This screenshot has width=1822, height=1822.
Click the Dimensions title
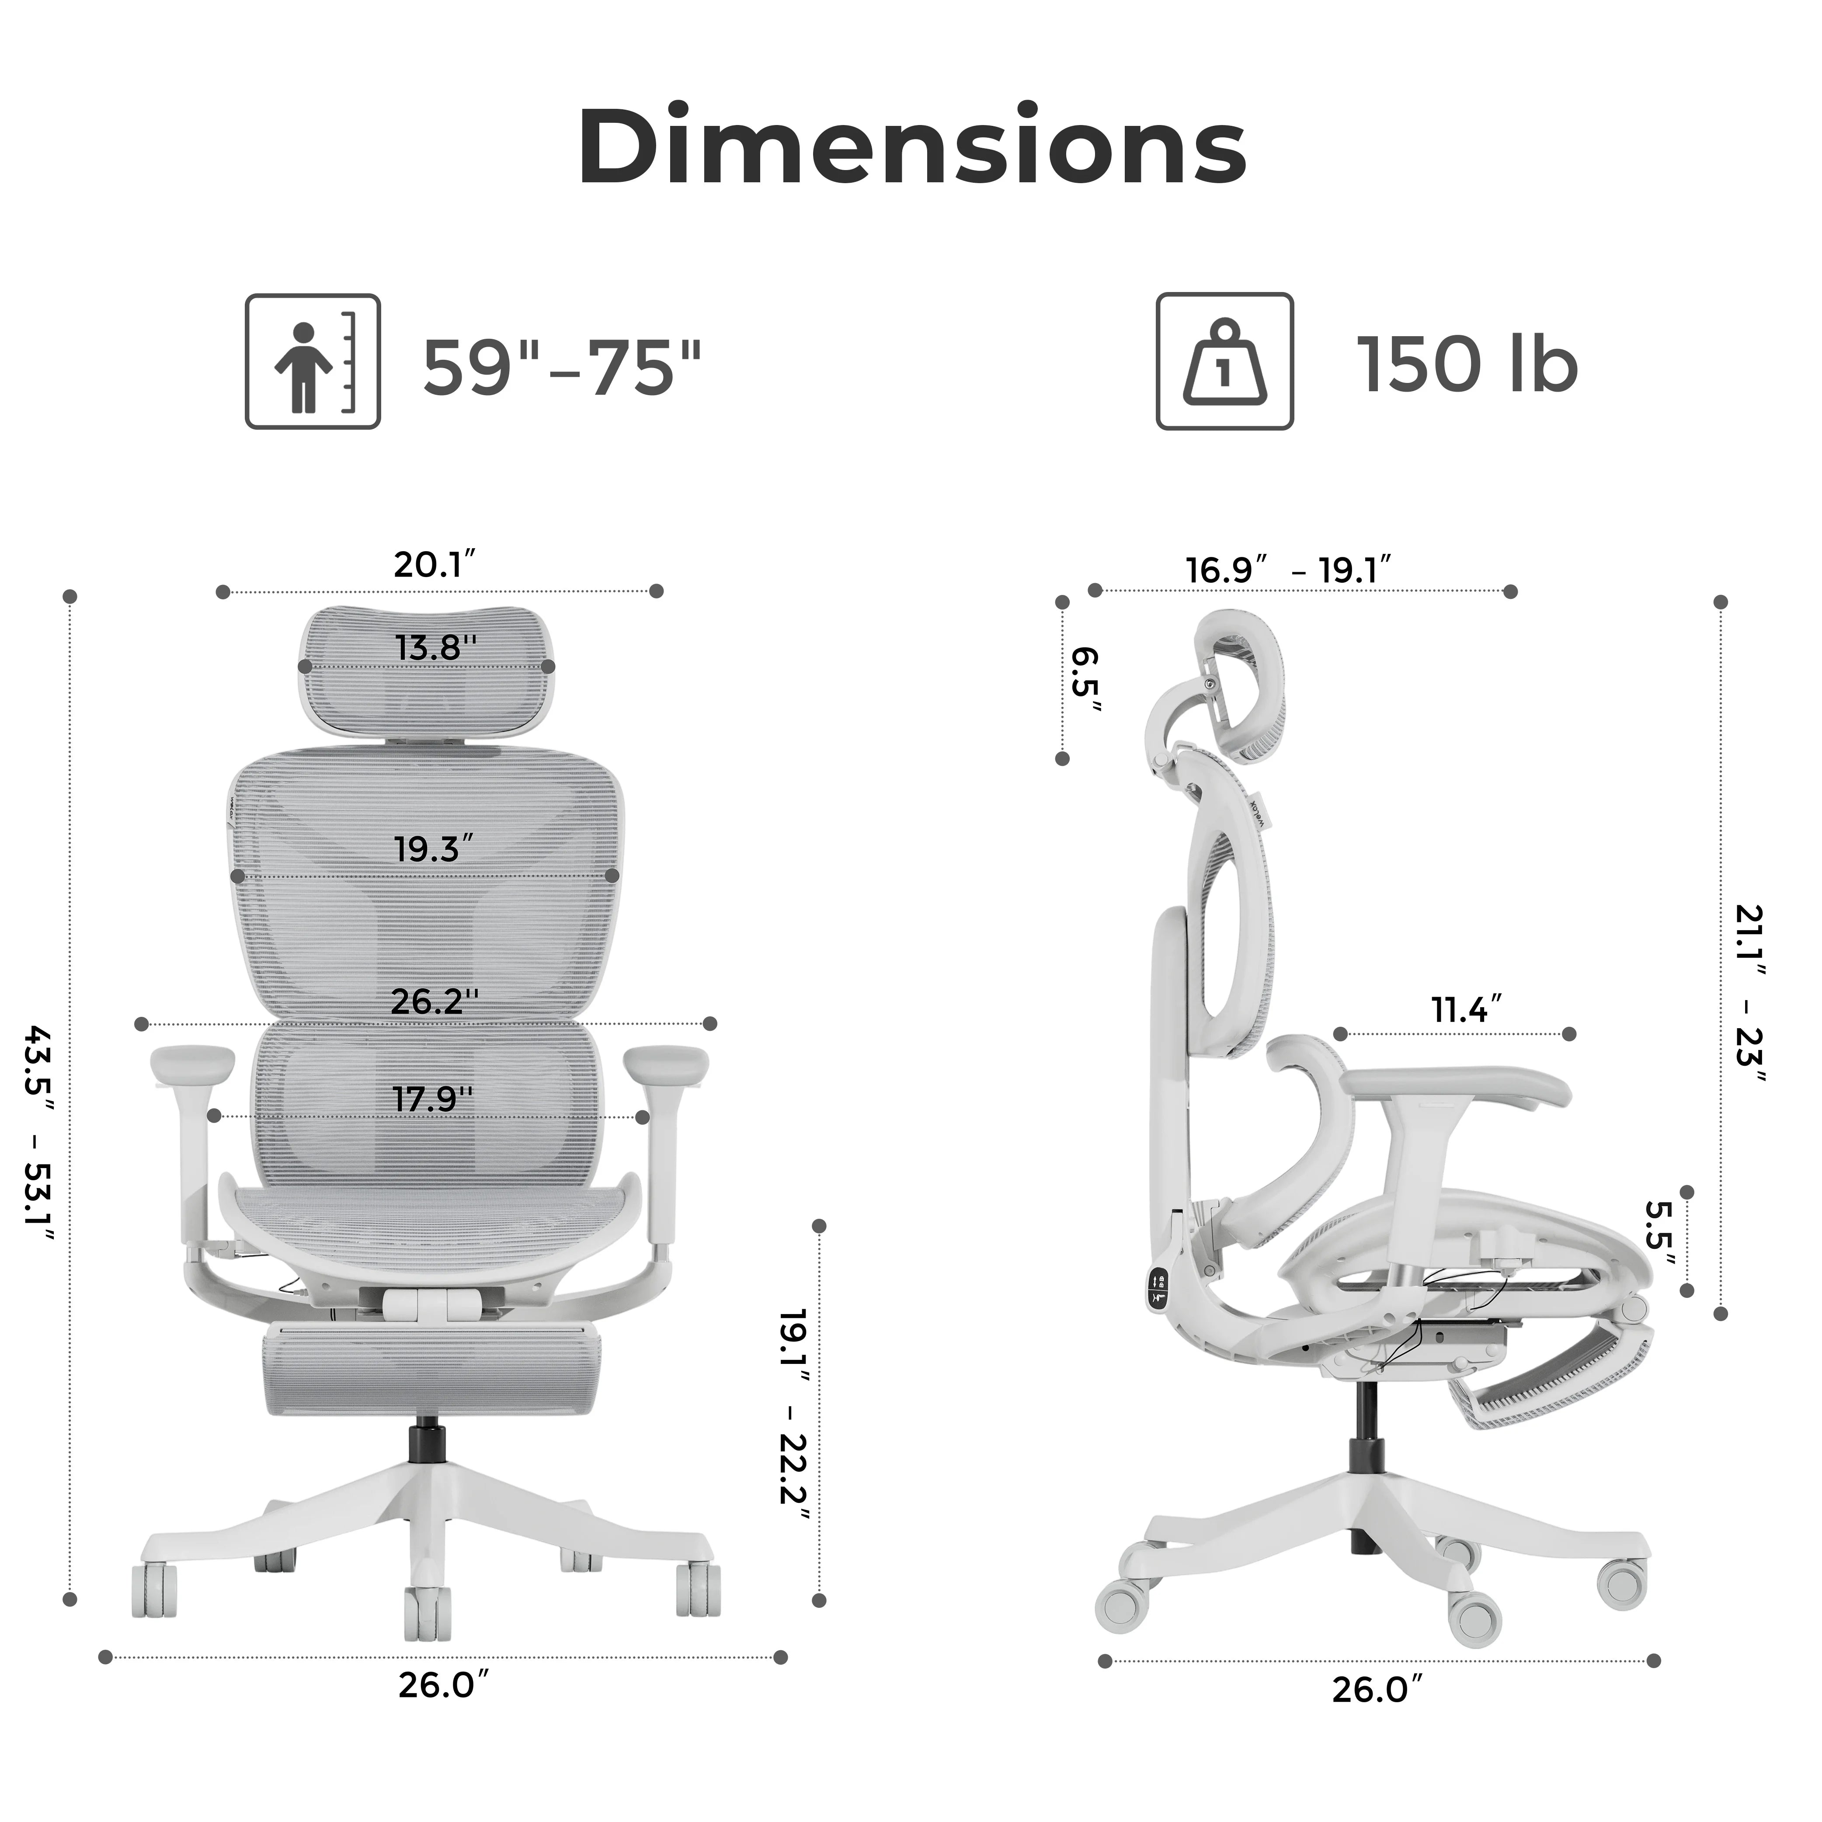[x=911, y=148]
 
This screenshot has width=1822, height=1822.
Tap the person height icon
[x=313, y=361]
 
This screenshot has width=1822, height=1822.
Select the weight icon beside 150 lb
[x=1224, y=361]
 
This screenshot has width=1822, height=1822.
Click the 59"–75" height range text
[x=562, y=366]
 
